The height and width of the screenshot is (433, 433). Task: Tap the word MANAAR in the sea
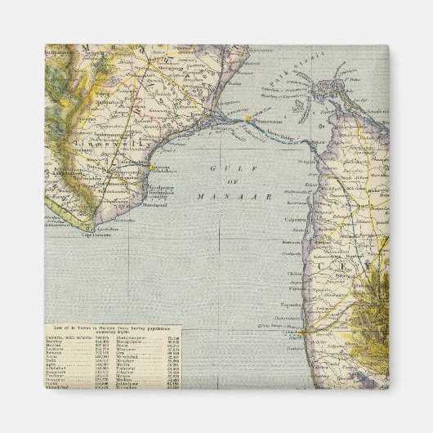221,197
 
